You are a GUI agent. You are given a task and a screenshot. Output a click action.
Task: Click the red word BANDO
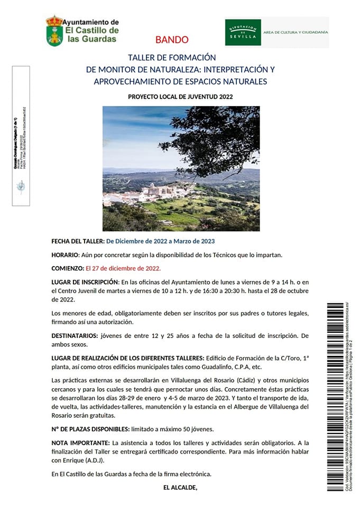[x=172, y=40]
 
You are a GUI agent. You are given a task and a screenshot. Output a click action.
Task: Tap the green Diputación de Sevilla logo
[x=243, y=33]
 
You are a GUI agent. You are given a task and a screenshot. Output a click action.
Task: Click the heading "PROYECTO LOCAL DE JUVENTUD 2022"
[x=180, y=97]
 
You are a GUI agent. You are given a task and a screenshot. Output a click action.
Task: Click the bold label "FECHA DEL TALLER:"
[x=78, y=241]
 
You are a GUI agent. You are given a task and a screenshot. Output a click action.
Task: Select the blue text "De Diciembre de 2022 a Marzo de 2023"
[x=161, y=241]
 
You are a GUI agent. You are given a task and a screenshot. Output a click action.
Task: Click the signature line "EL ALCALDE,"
[x=180, y=487]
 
